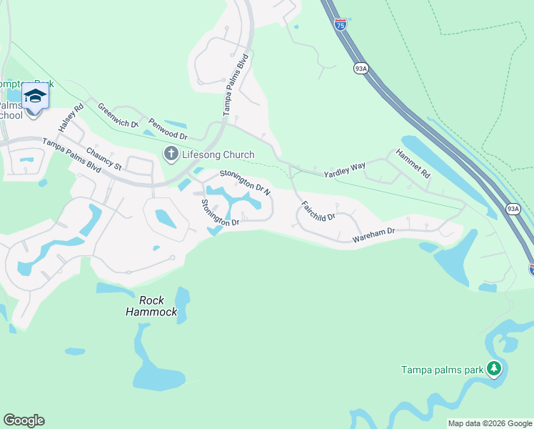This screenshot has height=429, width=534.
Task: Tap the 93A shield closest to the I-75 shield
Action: tap(361, 68)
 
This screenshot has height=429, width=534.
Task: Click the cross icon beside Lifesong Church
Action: tap(171, 153)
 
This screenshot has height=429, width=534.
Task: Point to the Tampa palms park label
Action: tap(442, 370)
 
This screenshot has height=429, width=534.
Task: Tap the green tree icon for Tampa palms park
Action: tap(493, 369)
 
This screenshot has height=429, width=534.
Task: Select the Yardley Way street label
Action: tap(344, 169)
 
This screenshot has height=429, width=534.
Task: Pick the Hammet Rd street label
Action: tap(415, 164)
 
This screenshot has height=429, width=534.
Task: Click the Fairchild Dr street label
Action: tap(318, 210)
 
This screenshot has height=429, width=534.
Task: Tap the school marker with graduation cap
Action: tap(35, 96)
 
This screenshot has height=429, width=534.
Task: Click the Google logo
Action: tap(24, 420)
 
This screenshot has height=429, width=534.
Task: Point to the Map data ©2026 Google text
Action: tap(490, 423)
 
